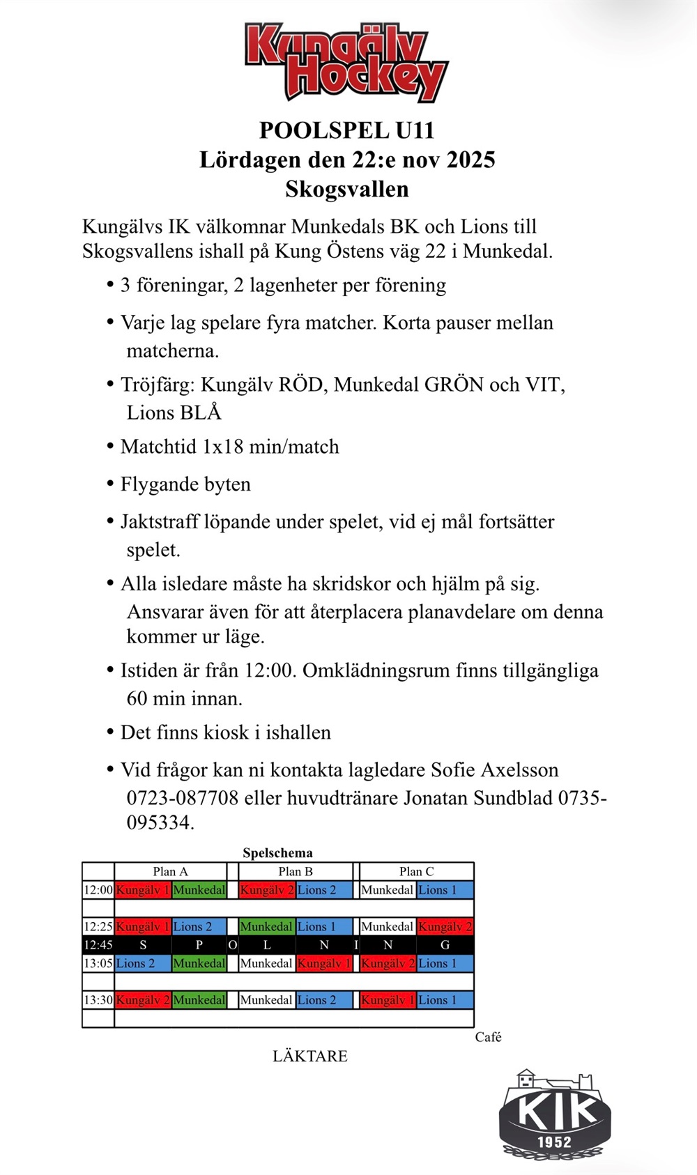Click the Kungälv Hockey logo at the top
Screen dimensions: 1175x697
[x=346, y=62]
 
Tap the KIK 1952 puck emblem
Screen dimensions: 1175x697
[x=555, y=1115]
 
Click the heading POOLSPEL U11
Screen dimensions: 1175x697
[x=346, y=130]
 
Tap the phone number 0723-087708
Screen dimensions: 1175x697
[x=183, y=798]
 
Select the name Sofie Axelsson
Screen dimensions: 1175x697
[x=494, y=770]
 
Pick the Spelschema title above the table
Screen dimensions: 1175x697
[x=277, y=853]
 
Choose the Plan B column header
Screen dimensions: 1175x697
[x=296, y=872]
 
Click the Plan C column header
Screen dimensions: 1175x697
[x=416, y=872]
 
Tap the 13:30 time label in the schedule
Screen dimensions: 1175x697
[x=98, y=1000]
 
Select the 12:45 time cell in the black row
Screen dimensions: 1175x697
[x=98, y=946]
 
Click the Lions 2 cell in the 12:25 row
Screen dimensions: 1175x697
[x=199, y=927]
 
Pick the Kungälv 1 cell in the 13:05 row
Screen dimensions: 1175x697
[x=324, y=964]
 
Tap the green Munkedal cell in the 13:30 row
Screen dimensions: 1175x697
[x=199, y=1000]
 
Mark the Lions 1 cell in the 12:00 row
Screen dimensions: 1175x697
[x=445, y=890]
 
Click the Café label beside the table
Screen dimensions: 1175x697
[x=488, y=1037]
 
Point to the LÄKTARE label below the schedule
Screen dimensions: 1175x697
[x=310, y=1057]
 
